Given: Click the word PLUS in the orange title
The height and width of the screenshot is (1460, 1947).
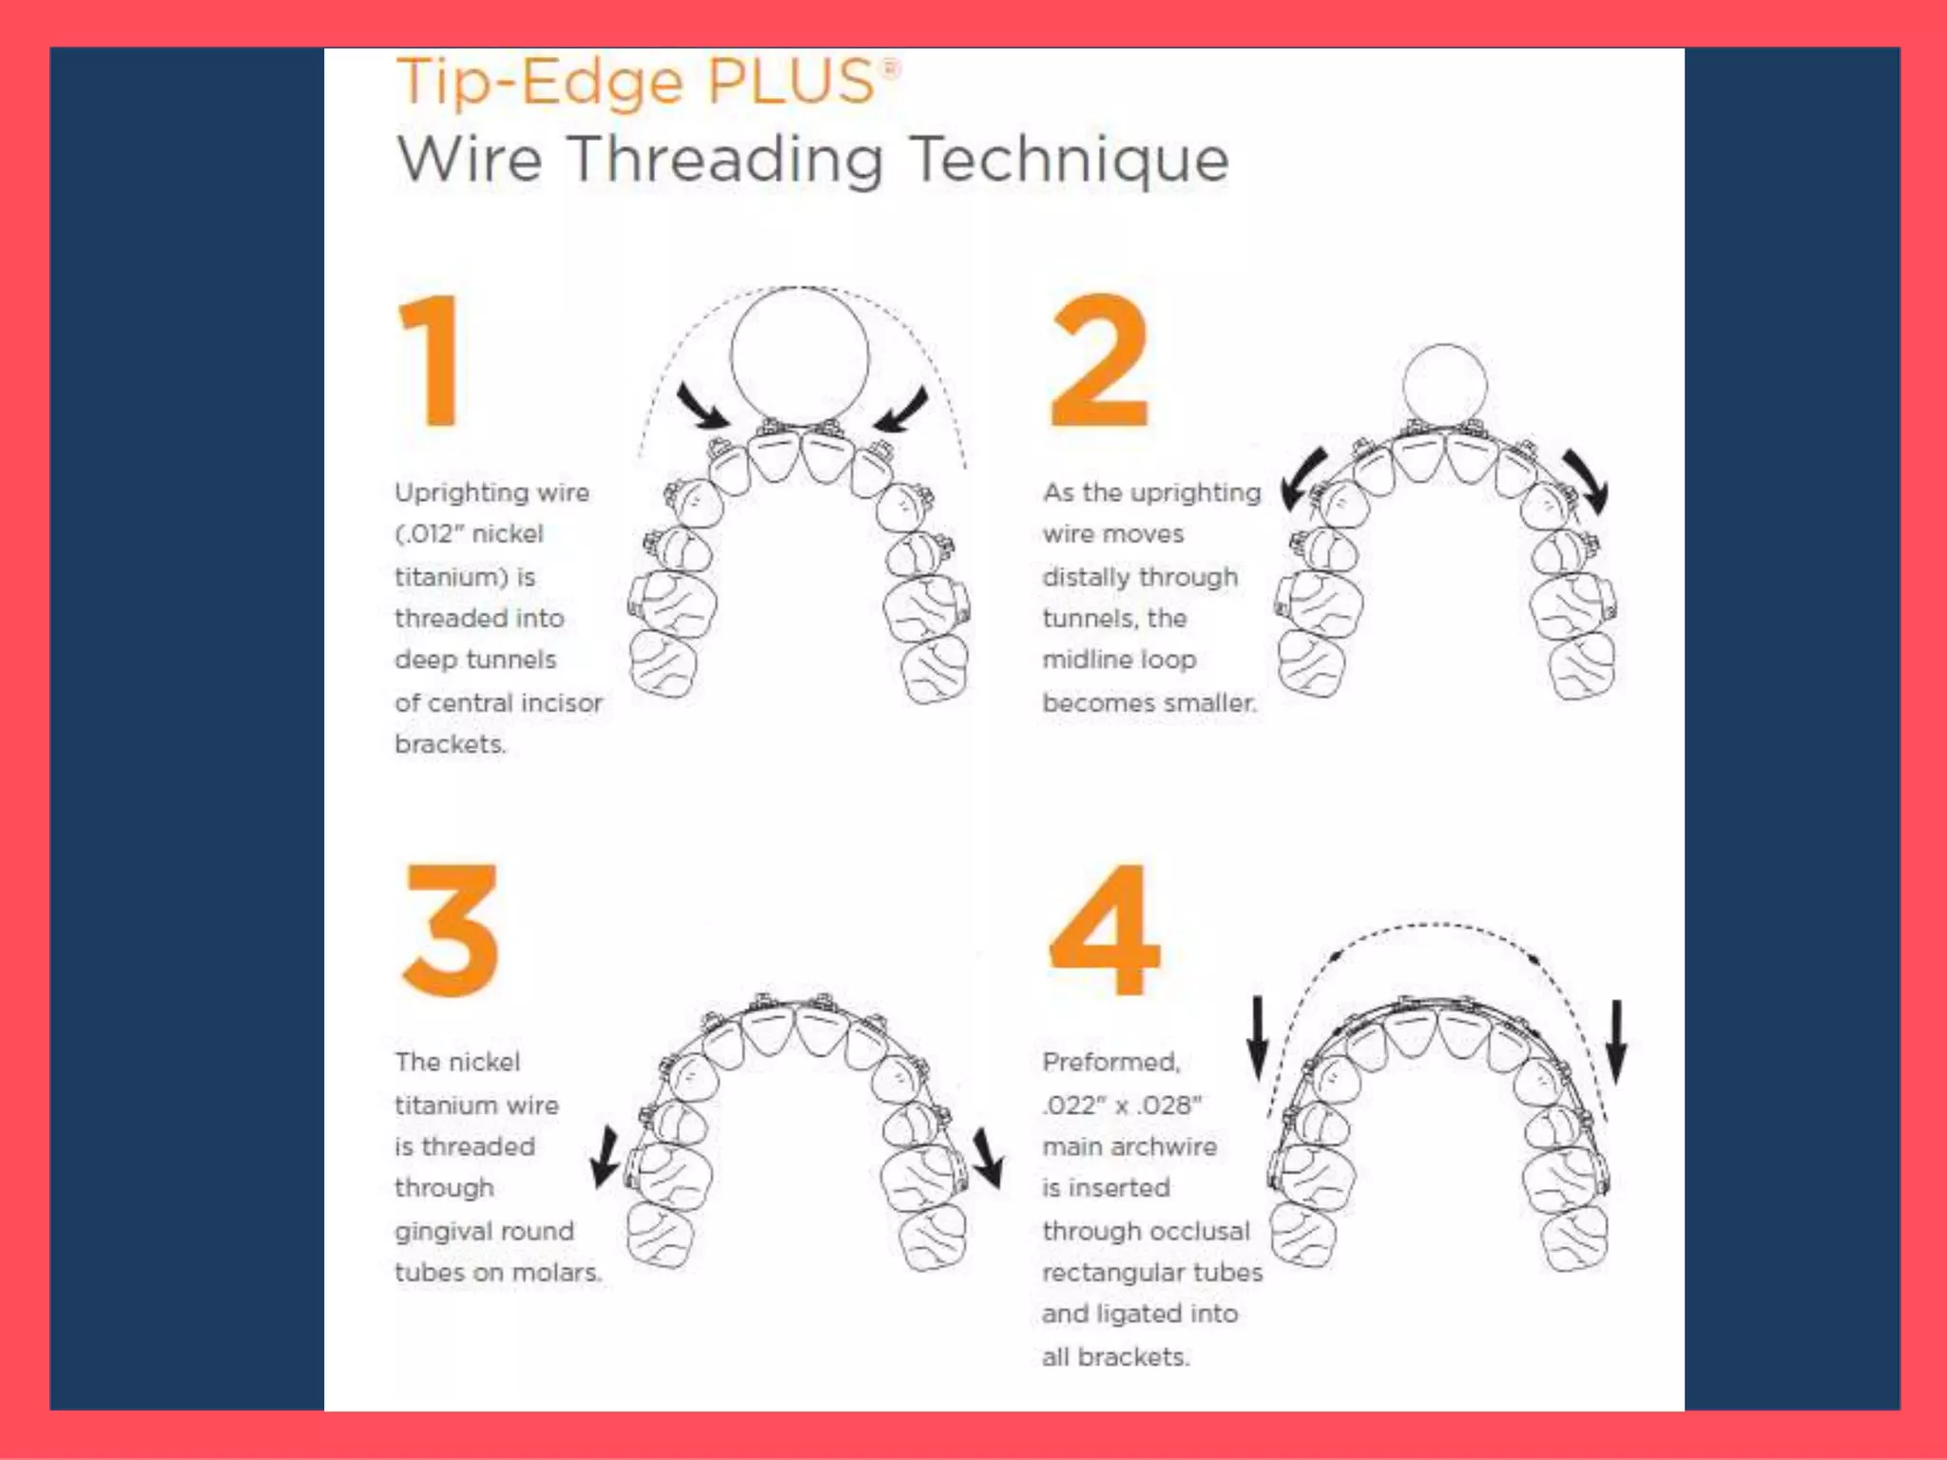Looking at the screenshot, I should (x=791, y=82).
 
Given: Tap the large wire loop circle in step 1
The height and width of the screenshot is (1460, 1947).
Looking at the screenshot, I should (x=800, y=356).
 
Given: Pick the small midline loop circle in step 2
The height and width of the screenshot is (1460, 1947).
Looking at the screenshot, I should (x=1444, y=385).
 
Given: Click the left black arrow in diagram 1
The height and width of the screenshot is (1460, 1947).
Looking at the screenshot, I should (x=702, y=407).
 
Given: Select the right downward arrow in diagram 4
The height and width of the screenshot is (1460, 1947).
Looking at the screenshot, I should (x=1616, y=1041).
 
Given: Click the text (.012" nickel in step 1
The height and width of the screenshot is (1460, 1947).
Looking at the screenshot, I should (x=469, y=534).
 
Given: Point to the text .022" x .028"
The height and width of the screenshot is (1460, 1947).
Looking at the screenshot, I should (x=1122, y=1105).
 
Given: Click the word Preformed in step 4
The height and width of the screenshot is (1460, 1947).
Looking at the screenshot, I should (x=1110, y=1063).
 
